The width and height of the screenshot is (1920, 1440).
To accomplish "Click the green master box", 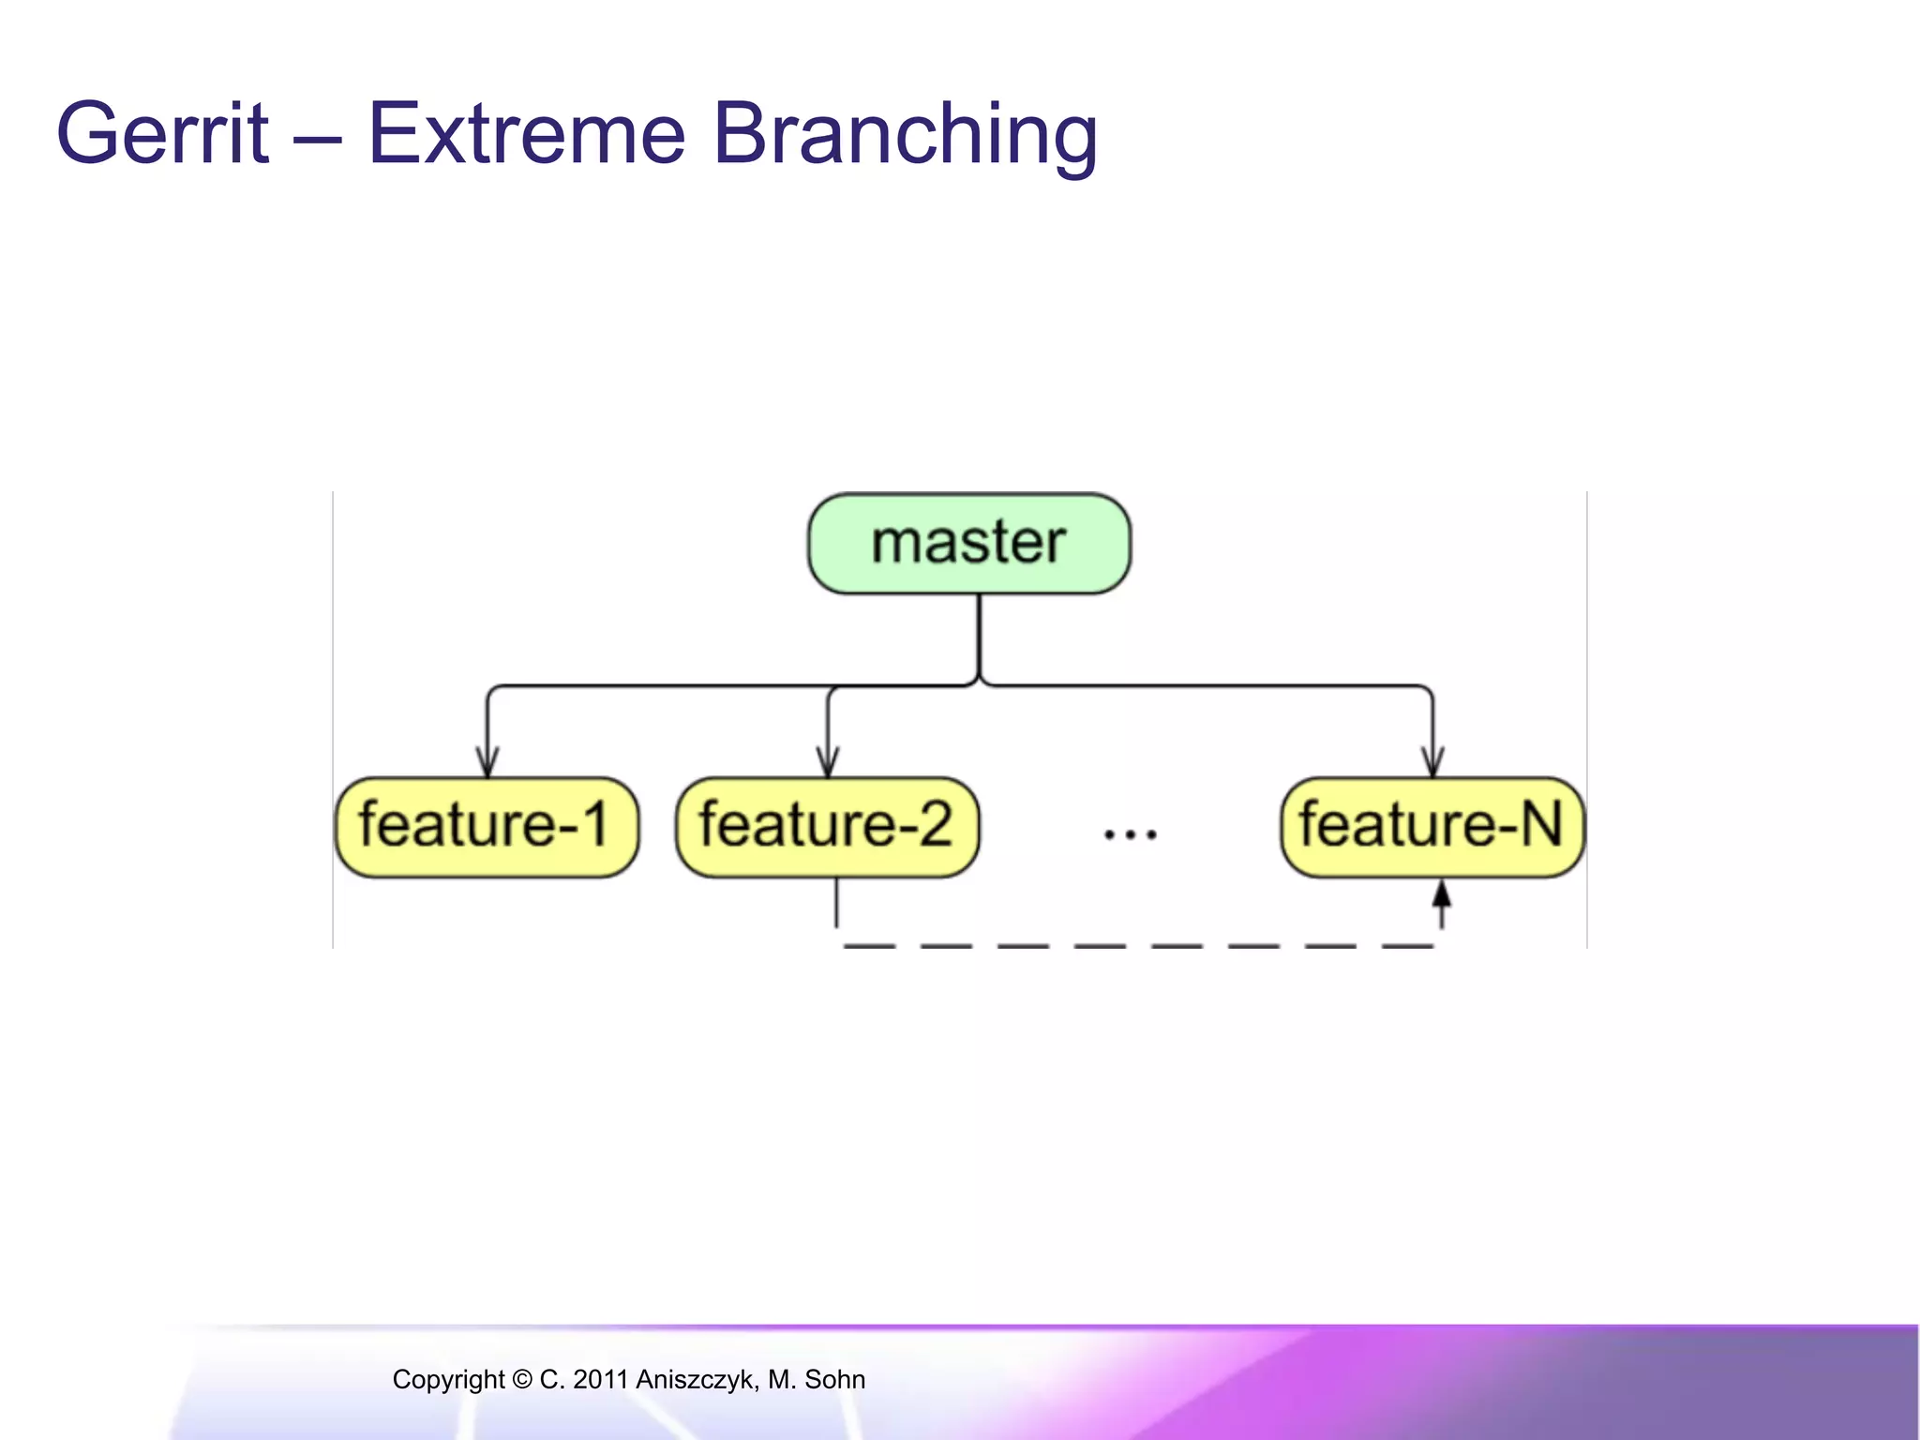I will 969,544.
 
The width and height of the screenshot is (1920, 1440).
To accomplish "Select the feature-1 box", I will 487,827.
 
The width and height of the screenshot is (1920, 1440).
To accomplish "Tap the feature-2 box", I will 827,827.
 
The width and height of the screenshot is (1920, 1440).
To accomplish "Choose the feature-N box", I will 1432,827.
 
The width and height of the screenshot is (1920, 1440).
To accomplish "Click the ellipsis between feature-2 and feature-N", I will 1130,832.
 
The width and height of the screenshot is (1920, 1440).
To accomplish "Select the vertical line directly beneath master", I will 979,637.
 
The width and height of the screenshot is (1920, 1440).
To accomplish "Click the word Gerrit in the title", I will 163,134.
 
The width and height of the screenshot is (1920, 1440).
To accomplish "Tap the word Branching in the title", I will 905,134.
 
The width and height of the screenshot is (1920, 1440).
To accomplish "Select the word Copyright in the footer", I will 447,1380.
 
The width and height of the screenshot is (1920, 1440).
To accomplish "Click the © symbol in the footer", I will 521,1380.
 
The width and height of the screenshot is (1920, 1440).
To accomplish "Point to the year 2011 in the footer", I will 600,1380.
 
